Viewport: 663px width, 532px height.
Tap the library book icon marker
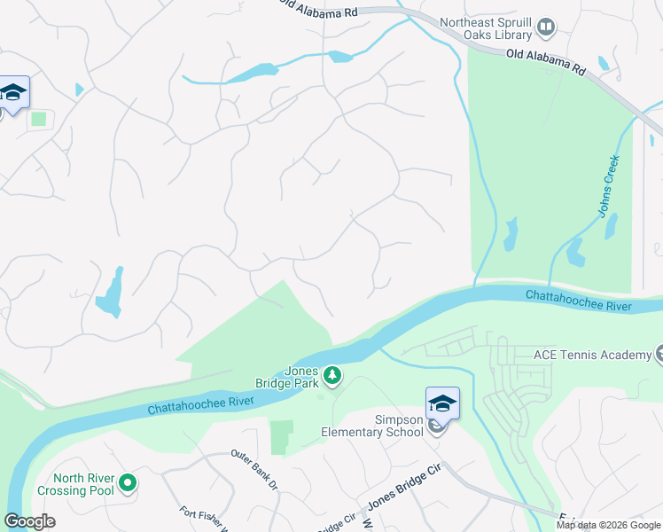pyautogui.click(x=546, y=28)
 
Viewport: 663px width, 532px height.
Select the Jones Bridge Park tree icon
pyautogui.click(x=332, y=377)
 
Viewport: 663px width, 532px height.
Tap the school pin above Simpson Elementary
pyautogui.click(x=442, y=404)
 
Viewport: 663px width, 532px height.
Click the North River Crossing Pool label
pyautogui.click(x=75, y=484)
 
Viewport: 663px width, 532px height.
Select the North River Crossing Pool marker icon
pyautogui.click(x=128, y=483)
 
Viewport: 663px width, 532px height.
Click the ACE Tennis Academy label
pyautogui.click(x=592, y=355)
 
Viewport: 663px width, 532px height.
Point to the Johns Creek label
pyautogui.click(x=608, y=185)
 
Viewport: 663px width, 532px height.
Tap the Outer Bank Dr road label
pyautogui.click(x=254, y=467)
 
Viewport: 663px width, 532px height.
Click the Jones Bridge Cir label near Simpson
pyautogui.click(x=404, y=487)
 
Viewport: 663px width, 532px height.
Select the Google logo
pyautogui.click(x=29, y=521)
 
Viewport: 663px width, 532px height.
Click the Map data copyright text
pyautogui.click(x=608, y=525)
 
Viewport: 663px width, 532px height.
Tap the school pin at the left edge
pyautogui.click(x=13, y=93)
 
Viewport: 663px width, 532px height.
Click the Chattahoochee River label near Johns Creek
pyautogui.click(x=578, y=300)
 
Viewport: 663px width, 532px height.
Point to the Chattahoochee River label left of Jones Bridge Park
pyautogui.click(x=201, y=405)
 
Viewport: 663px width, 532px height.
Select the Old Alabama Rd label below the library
pyautogui.click(x=546, y=61)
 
